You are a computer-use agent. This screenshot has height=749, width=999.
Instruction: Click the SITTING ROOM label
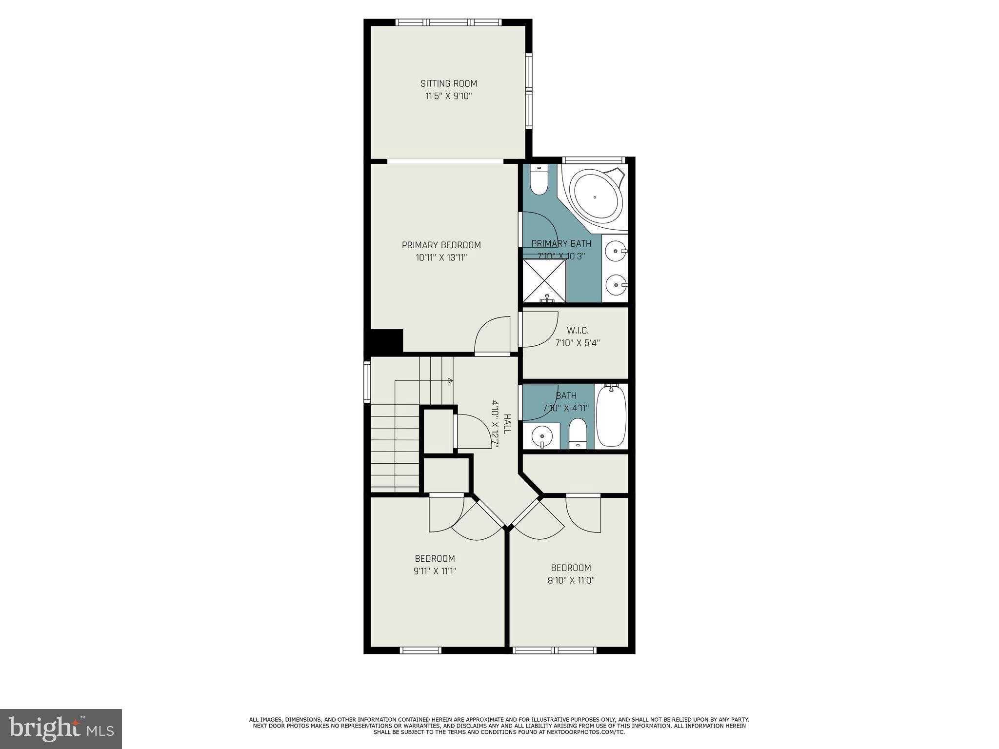pos(449,83)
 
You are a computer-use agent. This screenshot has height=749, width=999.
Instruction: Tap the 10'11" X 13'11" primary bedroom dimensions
pos(441,257)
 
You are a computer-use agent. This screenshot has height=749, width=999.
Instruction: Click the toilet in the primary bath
pos(539,181)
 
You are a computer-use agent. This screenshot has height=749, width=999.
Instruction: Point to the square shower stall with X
pos(545,281)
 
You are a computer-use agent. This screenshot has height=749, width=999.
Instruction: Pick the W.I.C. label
pos(578,331)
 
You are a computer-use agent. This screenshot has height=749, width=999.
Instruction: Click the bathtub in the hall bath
pos(611,416)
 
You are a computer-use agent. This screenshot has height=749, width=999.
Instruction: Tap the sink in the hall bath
pos(541,435)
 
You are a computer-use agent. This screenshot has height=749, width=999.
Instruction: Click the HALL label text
pos(507,424)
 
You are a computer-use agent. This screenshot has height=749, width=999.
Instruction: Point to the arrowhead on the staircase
pos(450,380)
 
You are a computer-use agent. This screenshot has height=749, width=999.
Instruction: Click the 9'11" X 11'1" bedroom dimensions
pos(435,571)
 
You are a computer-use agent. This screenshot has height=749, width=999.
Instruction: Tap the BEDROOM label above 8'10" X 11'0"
pos(571,568)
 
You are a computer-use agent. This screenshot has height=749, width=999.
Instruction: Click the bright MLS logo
pos(61,729)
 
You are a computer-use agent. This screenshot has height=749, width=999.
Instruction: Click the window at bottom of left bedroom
pos(420,650)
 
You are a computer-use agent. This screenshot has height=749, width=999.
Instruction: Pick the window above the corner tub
pos(593,159)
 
